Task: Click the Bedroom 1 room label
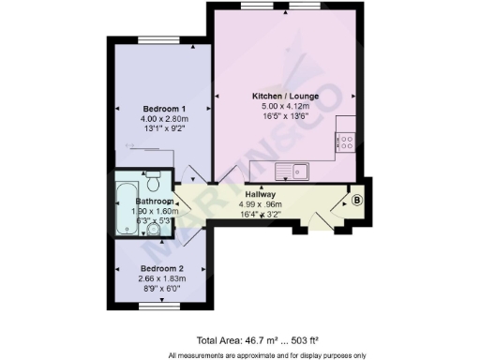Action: tap(157, 108)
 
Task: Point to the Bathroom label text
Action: tap(155, 202)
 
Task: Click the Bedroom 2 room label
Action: tap(156, 267)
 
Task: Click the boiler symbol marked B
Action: tap(356, 200)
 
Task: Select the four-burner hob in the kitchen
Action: tap(345, 143)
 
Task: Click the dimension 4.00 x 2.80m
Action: tap(157, 118)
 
